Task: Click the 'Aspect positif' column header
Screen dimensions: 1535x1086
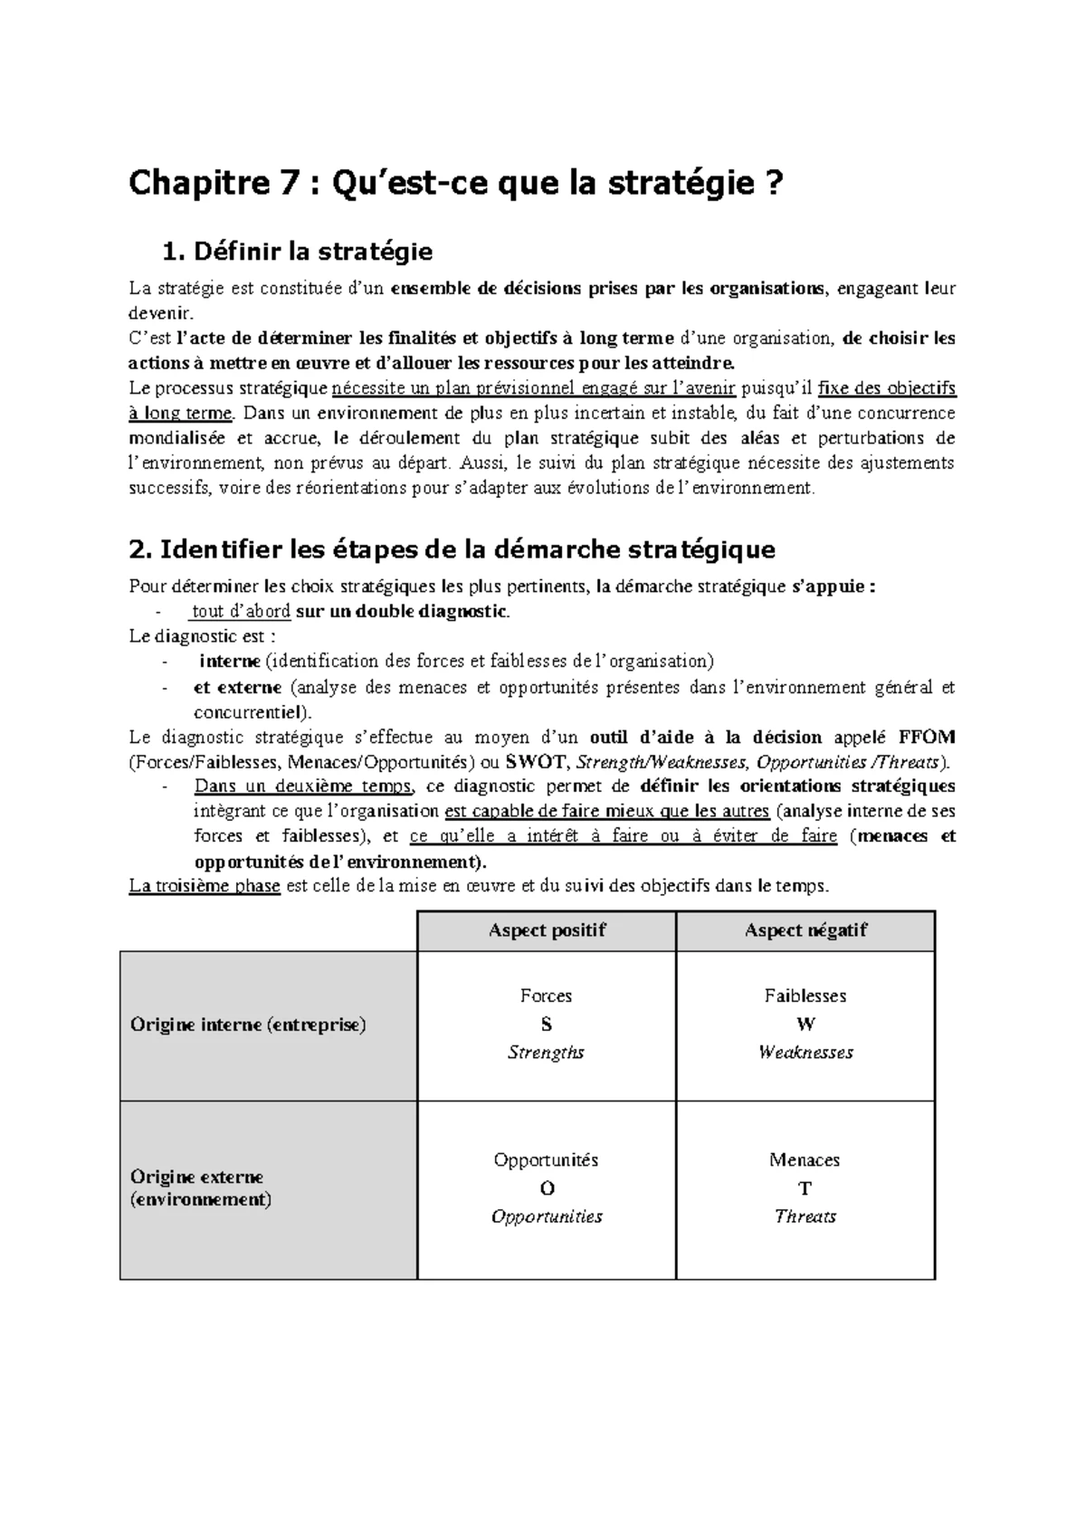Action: point(547,930)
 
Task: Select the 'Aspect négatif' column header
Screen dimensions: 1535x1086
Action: point(805,930)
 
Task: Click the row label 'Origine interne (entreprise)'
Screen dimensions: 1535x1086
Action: point(248,1025)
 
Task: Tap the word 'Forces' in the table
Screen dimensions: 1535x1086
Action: point(546,996)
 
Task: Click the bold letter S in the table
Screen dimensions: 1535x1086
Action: point(546,1025)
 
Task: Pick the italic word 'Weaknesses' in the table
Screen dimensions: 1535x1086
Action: point(805,1053)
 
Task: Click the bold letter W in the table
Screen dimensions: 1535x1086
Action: point(805,1025)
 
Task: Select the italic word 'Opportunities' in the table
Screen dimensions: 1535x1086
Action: point(547,1216)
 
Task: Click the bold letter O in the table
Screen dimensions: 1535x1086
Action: point(546,1188)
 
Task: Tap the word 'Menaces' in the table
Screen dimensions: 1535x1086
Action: point(805,1160)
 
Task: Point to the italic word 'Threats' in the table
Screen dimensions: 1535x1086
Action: point(805,1216)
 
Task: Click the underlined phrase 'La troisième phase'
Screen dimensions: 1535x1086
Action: point(205,886)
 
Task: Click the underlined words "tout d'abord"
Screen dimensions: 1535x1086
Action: point(242,612)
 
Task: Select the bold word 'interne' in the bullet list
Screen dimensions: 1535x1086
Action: point(230,662)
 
